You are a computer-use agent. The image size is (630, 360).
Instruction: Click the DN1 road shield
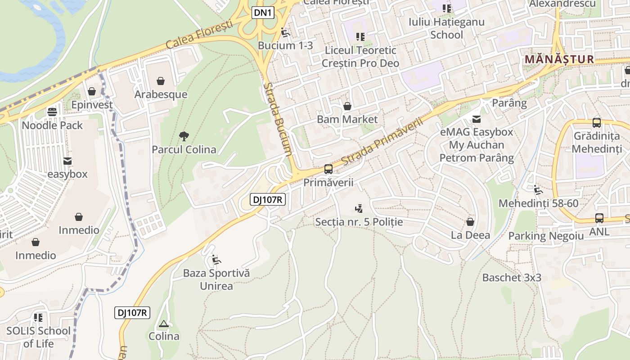point(263,13)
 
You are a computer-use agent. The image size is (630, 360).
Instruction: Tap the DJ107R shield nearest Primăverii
point(268,199)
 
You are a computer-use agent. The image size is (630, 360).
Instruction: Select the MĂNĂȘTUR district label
point(559,59)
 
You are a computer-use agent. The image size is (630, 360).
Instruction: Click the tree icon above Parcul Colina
point(184,136)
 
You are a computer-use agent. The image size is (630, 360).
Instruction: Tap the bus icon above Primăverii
point(328,169)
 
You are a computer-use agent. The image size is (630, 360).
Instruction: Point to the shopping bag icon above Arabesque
point(160,81)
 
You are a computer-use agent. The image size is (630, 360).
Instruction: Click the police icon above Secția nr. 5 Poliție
point(359,208)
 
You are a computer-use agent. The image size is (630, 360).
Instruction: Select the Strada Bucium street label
point(278,119)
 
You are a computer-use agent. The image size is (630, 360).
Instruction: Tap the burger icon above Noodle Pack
point(52,112)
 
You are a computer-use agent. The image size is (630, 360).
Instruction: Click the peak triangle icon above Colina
point(164,324)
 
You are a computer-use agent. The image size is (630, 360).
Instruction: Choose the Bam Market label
point(347,119)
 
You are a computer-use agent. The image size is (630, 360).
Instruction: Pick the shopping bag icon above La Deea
point(470,222)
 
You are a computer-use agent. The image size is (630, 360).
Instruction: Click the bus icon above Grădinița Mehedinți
point(597,122)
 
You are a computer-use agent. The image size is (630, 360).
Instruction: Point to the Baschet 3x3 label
point(512,278)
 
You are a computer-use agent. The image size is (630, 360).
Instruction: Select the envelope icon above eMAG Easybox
point(476,119)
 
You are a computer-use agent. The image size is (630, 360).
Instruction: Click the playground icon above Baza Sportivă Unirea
point(216,260)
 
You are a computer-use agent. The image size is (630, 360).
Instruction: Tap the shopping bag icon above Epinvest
point(92,92)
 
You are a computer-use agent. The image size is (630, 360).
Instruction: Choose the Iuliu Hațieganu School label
point(440,28)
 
